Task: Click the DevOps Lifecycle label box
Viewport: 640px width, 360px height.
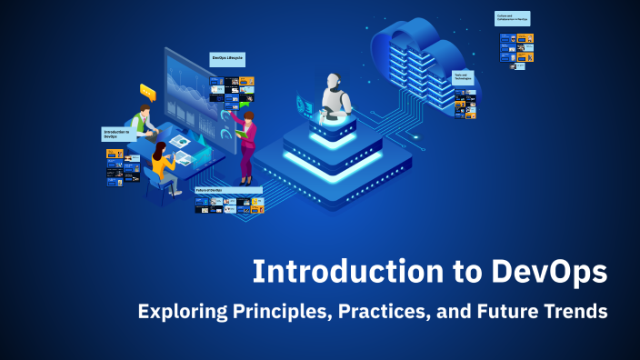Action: [227, 59]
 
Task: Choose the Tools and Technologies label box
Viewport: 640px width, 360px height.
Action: [465, 78]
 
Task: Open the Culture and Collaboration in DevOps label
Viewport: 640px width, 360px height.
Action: [512, 18]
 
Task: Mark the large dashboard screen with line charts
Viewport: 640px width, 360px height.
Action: [186, 91]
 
